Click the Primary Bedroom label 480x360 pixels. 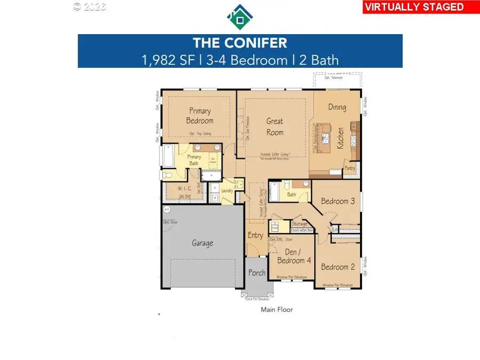click(200, 116)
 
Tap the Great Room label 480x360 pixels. click(275, 127)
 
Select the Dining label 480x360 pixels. click(337, 107)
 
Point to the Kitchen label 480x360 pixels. click(340, 138)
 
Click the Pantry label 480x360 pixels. click(350, 169)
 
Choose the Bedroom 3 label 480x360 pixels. click(338, 201)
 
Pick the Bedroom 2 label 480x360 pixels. click(338, 267)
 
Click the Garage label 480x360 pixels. click(203, 243)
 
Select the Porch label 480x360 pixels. click(257, 273)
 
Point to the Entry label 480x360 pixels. click(255, 235)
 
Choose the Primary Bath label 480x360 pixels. click(194, 160)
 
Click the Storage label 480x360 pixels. click(299, 224)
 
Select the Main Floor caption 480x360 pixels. click(276, 309)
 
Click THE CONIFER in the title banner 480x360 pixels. click(240, 43)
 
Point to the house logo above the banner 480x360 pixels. click(240, 17)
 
